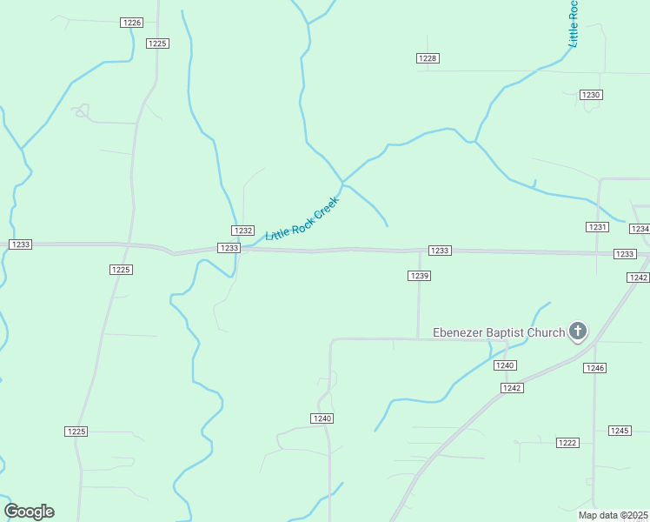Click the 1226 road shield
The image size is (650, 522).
coord(131,22)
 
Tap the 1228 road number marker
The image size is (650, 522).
coord(428,58)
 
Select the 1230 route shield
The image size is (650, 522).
coord(591,95)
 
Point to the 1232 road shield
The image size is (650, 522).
coord(242,231)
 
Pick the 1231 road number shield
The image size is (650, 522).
coord(597,227)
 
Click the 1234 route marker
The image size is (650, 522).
coord(640,229)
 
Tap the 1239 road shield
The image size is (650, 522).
coord(420,276)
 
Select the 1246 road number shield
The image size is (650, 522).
coord(594,368)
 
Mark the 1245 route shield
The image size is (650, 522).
coord(620,431)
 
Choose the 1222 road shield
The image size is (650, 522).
coord(567,443)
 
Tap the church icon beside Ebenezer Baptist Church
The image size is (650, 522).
coord(578,331)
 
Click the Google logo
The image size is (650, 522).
coord(30,512)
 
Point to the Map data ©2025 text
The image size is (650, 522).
coord(614,515)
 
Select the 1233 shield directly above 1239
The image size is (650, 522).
coord(440,251)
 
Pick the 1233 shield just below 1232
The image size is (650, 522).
coord(229,248)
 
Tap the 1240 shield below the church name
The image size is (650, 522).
coord(506,365)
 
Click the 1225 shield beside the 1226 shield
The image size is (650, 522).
coord(157,43)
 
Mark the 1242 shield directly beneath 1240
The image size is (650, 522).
coord(512,388)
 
